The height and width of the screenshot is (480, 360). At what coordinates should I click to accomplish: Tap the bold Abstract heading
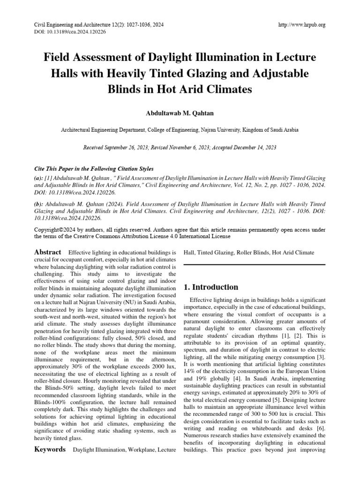[48, 252]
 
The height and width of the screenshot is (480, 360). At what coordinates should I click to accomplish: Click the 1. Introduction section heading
[211, 287]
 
